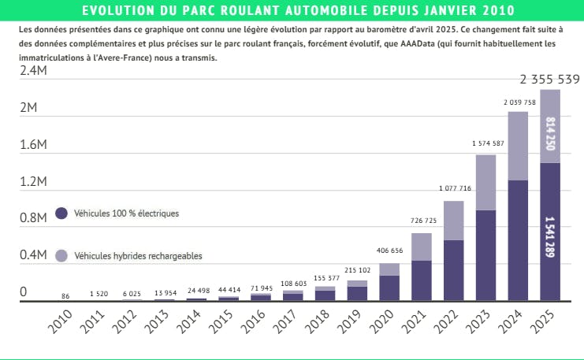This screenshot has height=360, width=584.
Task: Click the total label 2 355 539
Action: tap(550, 80)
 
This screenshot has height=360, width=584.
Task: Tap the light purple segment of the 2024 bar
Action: tap(517, 146)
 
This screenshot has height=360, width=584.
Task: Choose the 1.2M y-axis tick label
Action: tap(33, 182)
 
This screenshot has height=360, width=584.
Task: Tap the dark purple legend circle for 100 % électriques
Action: tap(61, 213)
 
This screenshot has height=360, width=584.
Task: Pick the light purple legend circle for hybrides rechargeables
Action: tap(61, 255)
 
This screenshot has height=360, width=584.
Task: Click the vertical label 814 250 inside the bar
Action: tap(550, 134)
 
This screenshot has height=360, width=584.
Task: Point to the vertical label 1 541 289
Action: tap(550, 235)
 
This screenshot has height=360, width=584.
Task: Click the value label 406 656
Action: tap(389, 251)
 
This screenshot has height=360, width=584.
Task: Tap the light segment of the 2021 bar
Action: tap(421, 247)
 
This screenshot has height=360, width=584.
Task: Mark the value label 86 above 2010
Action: tap(65, 296)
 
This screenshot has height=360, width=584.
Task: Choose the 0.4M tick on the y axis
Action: tap(33, 255)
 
